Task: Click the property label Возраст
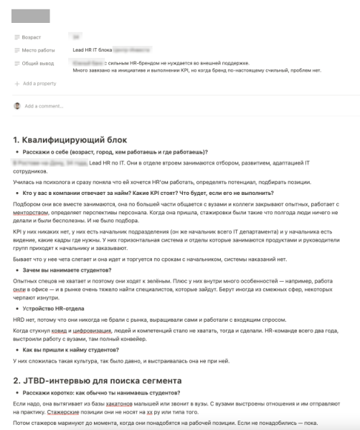(33, 36)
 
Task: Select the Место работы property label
(37, 50)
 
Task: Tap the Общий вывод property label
(38, 64)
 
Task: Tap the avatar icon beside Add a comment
(17, 105)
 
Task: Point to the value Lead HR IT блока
(93, 50)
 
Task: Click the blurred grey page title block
(31, 16)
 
